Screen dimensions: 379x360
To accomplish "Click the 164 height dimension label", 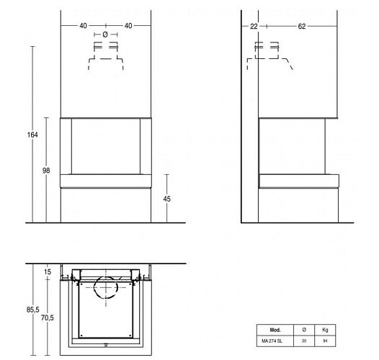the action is tap(32, 135).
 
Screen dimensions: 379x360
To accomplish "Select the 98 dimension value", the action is tap(46, 171).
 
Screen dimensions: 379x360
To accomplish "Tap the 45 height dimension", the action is tap(166, 199).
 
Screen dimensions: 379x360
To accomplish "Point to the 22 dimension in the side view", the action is tap(254, 27).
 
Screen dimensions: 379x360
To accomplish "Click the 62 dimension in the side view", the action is tap(302, 27).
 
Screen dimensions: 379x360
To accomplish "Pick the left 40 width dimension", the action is tap(83, 26).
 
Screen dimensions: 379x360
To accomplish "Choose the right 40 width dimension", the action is tap(128, 26).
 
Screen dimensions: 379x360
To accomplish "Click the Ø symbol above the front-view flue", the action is tap(105, 35).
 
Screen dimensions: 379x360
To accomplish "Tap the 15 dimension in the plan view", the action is tap(48, 272).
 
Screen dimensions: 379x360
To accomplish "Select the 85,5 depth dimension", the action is tap(33, 310).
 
